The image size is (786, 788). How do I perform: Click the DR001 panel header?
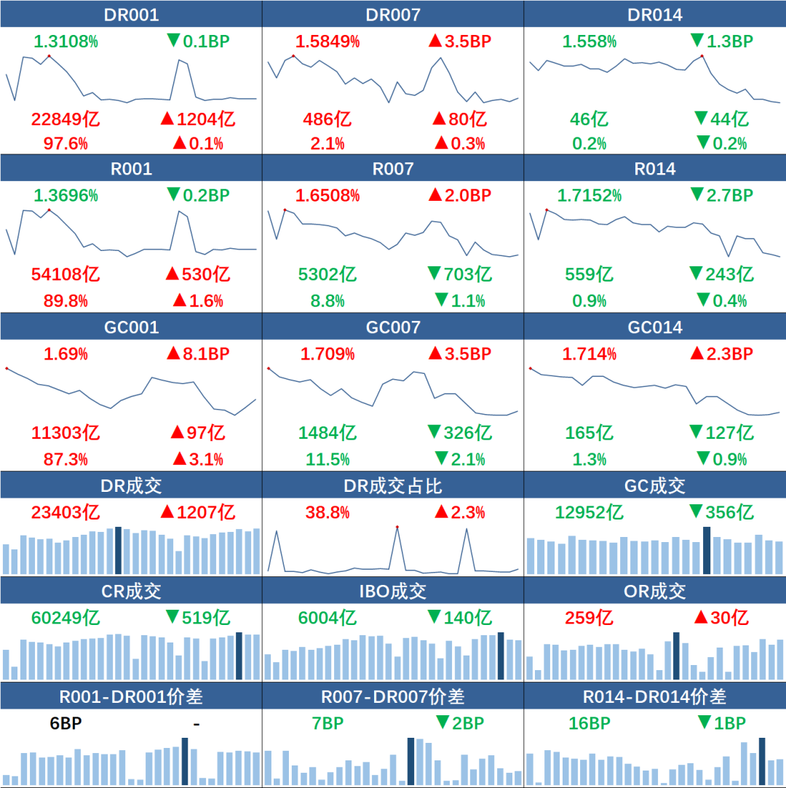coord(131,15)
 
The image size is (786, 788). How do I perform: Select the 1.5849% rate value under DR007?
coord(327,41)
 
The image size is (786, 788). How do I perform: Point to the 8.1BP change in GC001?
coord(198,354)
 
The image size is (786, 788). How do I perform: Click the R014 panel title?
coord(655,169)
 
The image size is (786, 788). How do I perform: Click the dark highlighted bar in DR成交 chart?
coord(119,550)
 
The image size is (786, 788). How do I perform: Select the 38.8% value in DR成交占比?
coord(327,512)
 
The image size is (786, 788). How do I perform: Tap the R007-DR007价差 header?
coord(393,696)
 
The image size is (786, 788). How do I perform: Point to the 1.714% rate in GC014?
coord(589,354)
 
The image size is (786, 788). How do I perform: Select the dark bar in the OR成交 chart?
coord(676,656)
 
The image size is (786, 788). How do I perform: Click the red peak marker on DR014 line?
coord(702,55)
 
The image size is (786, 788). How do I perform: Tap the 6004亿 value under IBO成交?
coord(327,618)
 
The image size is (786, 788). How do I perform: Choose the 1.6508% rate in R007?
coord(327,196)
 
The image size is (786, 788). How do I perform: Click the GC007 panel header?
coord(393,327)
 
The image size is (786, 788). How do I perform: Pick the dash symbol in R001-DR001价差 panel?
coord(196,724)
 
